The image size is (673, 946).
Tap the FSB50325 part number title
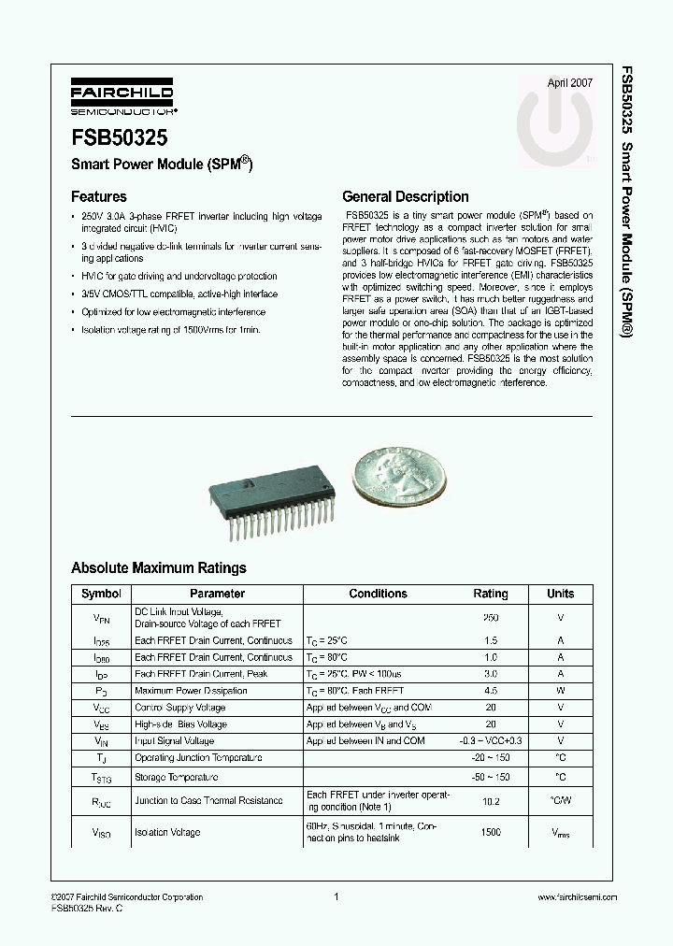point(120,137)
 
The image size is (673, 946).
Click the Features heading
point(99,197)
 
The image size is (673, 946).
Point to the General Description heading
point(406,197)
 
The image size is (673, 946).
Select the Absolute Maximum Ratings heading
point(159,567)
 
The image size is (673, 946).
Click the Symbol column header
point(101,594)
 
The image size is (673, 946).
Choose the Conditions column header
point(378,594)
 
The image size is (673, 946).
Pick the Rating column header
point(491,594)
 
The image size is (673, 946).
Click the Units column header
point(561,594)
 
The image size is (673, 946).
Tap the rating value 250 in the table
point(491,618)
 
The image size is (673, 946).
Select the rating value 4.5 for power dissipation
point(491,691)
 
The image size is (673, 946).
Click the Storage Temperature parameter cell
point(178,777)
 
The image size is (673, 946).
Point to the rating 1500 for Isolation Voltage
point(491,832)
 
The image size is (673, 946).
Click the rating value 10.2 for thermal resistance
point(491,801)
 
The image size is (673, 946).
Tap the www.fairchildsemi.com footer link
point(578,897)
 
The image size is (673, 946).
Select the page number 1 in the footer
point(335,897)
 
